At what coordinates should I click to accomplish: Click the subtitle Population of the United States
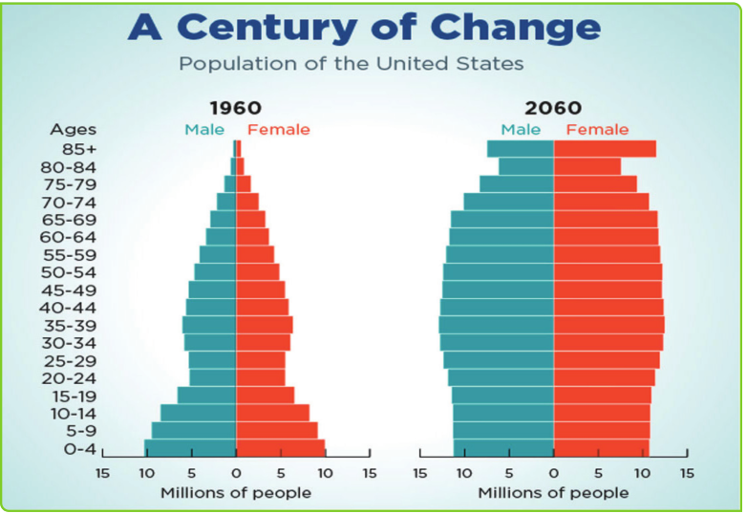(x=352, y=65)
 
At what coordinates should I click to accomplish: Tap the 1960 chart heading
(x=235, y=107)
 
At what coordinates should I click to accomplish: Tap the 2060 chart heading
(x=552, y=107)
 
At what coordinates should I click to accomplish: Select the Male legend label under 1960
(x=204, y=129)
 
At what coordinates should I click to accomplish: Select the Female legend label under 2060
(x=597, y=129)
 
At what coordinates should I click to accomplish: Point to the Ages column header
(x=73, y=129)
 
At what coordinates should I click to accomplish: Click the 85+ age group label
(x=80, y=148)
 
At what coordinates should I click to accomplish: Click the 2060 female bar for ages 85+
(x=605, y=149)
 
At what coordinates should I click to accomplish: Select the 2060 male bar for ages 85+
(x=520, y=149)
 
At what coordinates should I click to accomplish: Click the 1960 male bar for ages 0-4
(x=190, y=448)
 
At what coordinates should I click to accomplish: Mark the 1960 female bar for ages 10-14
(x=272, y=413)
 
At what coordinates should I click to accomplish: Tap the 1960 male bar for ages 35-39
(x=209, y=325)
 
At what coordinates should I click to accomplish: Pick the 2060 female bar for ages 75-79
(x=594, y=183)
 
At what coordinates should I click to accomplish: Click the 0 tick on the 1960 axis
(x=236, y=473)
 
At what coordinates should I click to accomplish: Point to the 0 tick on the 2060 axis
(x=553, y=473)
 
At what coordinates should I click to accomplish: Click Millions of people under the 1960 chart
(x=236, y=492)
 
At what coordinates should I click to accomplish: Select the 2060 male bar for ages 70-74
(x=508, y=202)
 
